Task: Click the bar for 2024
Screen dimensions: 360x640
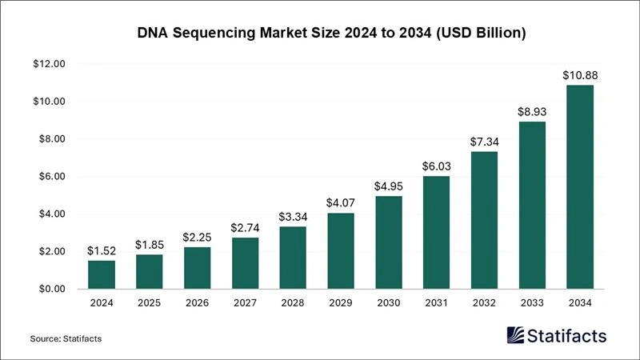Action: tap(101, 274)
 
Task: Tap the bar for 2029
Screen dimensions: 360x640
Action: tap(340, 250)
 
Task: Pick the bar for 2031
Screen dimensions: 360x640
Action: tap(436, 232)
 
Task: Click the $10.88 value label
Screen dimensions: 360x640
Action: tap(579, 76)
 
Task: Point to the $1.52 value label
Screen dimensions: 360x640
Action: tap(101, 251)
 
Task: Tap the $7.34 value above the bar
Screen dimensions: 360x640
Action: tap(483, 142)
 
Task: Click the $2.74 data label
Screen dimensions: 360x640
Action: tap(245, 229)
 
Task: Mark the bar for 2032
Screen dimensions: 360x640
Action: tap(483, 220)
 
